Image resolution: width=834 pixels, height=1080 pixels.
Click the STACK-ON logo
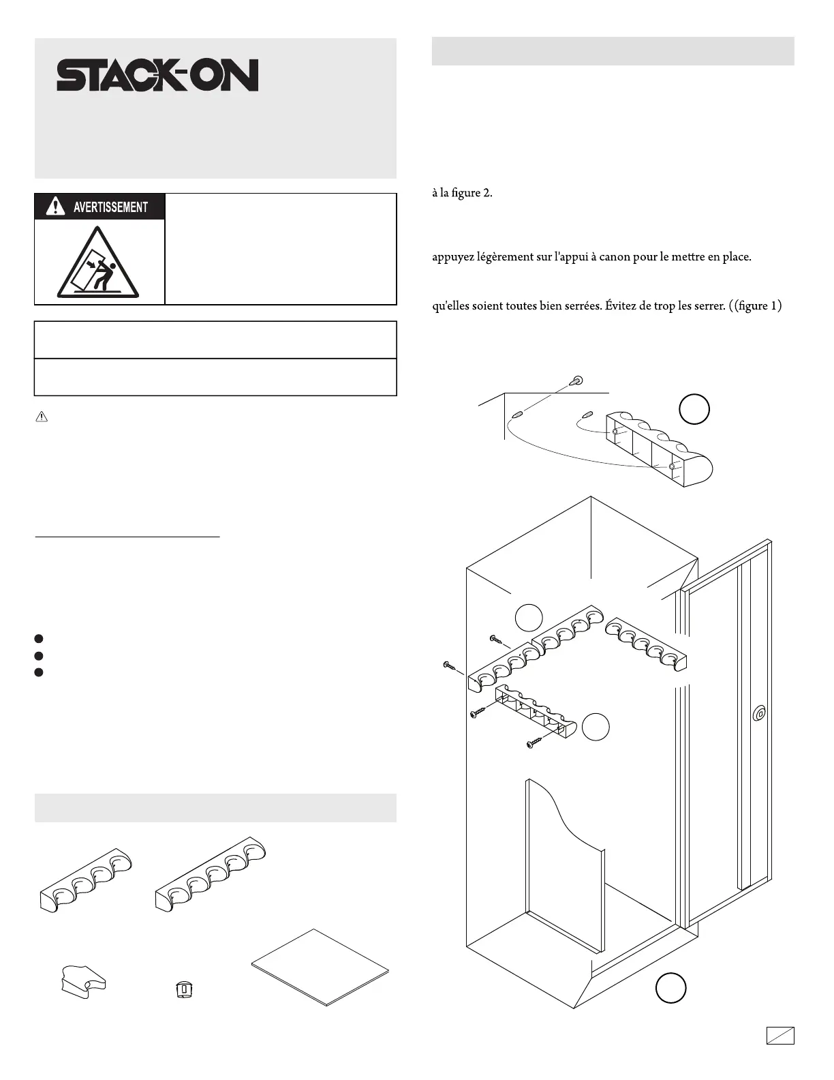(x=157, y=75)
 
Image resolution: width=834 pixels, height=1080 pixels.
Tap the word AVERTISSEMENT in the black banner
(x=110, y=207)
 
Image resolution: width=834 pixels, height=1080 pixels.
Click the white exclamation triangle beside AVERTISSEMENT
(x=55, y=206)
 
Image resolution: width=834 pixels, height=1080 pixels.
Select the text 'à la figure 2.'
(x=462, y=193)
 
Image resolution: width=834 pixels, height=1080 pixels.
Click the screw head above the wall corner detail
(x=578, y=380)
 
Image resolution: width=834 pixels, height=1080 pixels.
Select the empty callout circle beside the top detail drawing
(x=694, y=410)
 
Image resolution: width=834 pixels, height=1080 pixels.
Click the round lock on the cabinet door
(x=759, y=715)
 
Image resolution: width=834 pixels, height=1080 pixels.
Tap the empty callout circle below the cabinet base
(x=670, y=989)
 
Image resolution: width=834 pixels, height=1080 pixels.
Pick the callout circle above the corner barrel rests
(x=529, y=618)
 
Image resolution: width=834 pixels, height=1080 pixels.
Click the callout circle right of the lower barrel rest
(x=596, y=727)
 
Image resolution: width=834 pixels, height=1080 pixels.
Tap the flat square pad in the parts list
(x=320, y=967)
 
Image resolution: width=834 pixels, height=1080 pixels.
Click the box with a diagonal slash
(x=779, y=1035)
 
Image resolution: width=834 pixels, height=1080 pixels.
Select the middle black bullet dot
(x=39, y=656)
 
